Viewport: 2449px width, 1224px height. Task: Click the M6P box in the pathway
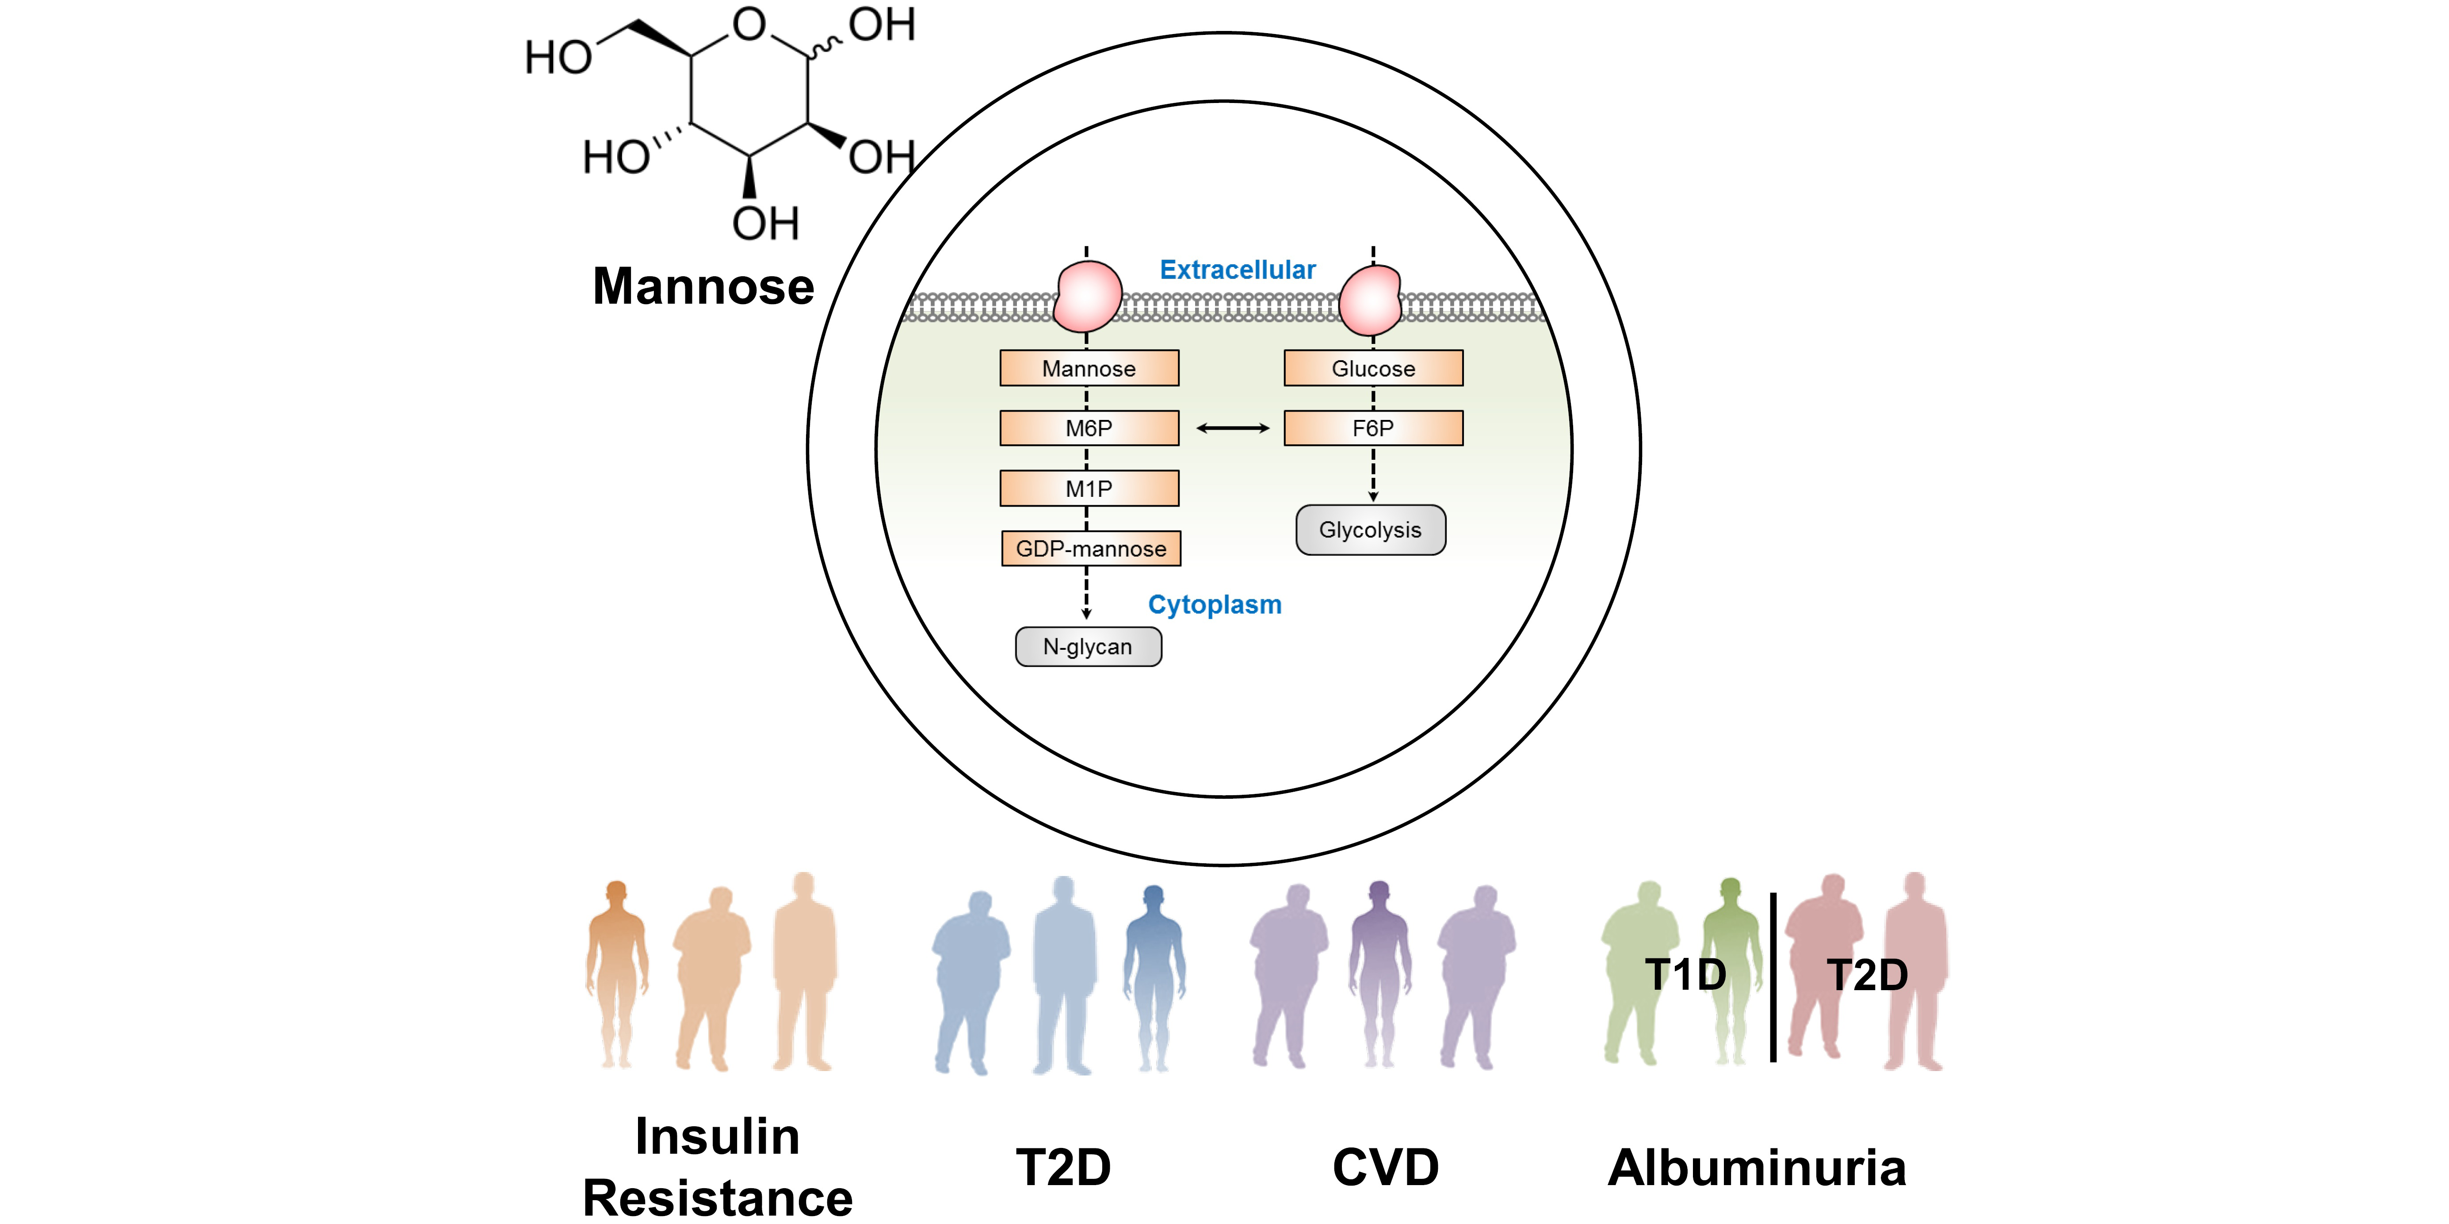point(1089,427)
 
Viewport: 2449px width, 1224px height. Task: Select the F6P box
point(1373,427)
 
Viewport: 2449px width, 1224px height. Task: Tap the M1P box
point(1089,488)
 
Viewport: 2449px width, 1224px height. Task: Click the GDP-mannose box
point(1090,548)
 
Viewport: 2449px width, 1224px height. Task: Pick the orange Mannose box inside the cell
point(1089,368)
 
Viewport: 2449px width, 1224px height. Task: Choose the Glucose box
point(1373,368)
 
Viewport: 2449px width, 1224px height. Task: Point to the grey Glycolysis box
point(1370,529)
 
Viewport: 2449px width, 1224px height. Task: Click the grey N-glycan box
point(1088,646)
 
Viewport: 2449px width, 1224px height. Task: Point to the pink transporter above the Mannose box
point(1089,297)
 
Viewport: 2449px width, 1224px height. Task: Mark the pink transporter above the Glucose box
point(1370,299)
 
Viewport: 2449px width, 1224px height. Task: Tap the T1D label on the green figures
point(1685,974)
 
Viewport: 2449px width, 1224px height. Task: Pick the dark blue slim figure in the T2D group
point(1154,974)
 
